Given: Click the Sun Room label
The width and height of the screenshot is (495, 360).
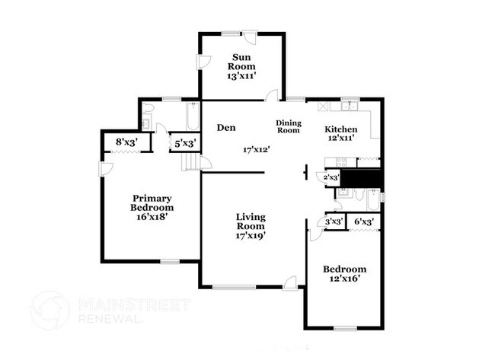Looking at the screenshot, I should tap(242, 62).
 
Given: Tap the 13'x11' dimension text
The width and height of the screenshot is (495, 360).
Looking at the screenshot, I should tap(242, 75).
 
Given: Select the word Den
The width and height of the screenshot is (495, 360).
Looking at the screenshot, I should tap(224, 128).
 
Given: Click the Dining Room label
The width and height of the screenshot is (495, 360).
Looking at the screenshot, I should tap(289, 126).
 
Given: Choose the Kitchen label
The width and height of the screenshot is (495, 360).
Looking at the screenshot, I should tap(341, 129).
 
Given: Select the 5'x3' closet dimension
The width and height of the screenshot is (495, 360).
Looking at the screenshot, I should tap(187, 142).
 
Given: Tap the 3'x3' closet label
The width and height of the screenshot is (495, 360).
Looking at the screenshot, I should tap(334, 221).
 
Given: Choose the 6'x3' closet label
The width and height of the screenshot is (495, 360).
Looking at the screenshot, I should tap(365, 221).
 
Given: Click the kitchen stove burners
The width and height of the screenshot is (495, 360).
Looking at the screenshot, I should tap(336, 161).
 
